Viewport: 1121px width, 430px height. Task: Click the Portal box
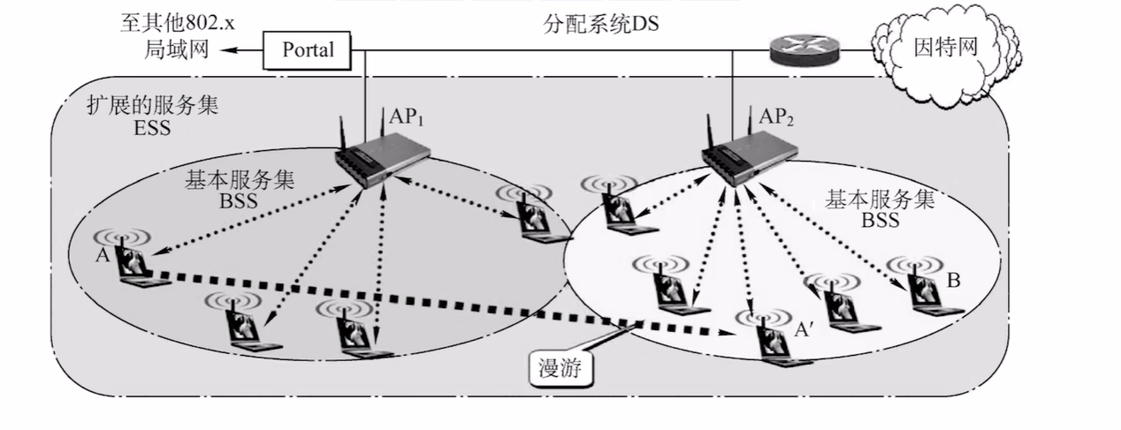pos(308,49)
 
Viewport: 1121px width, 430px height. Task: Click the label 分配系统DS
pos(601,24)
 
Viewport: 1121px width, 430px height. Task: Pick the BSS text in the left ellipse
pos(239,200)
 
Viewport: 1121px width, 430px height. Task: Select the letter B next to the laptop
pos(953,280)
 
